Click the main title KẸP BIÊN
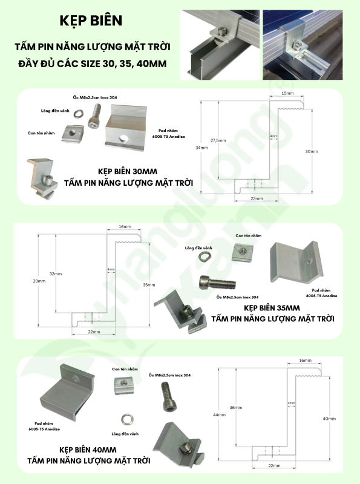click(x=91, y=21)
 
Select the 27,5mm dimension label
click(x=218, y=140)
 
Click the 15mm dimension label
click(x=287, y=94)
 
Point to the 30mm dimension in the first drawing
click(x=312, y=151)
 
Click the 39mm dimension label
click(x=39, y=281)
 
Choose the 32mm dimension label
click(x=56, y=274)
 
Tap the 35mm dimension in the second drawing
click(x=149, y=284)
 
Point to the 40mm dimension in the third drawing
click(x=329, y=419)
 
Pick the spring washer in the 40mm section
click(x=128, y=418)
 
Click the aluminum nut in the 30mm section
click(x=72, y=132)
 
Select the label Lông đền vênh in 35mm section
click(x=198, y=248)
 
